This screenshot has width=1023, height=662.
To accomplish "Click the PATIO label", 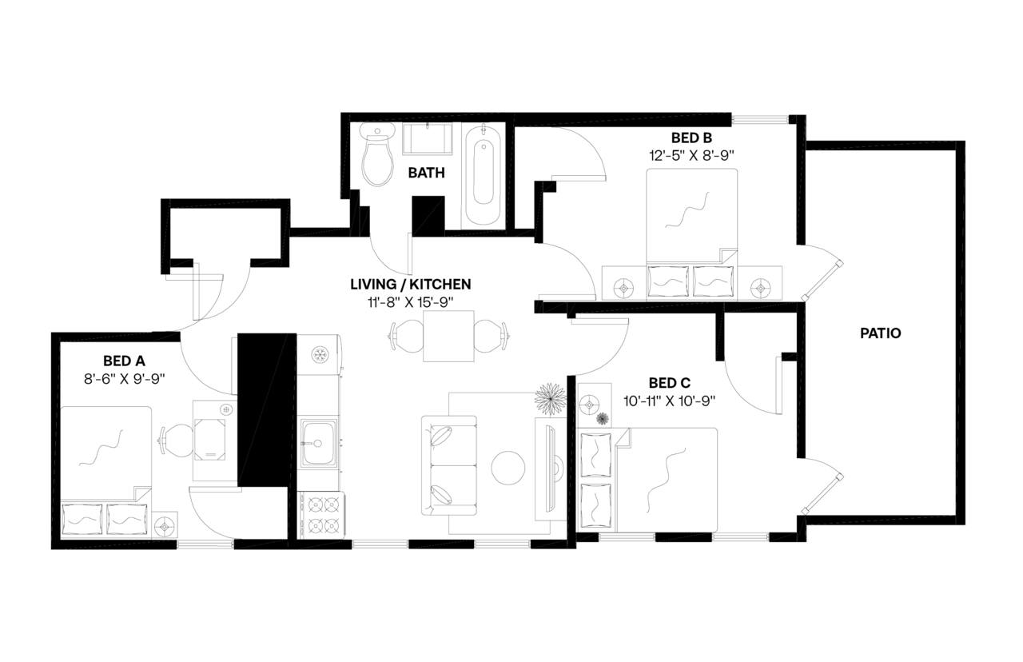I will pyautogui.click(x=880, y=333).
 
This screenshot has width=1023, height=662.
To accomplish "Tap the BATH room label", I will pyautogui.click(x=426, y=172).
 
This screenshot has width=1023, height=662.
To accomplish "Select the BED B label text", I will pyautogui.click(x=691, y=137).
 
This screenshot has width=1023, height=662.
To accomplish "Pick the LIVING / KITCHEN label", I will pyautogui.click(x=410, y=284).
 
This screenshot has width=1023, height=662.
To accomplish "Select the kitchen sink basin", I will pyautogui.click(x=319, y=443).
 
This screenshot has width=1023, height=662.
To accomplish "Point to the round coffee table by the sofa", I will pyautogui.click(x=508, y=468).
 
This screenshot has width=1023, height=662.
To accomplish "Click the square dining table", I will pyautogui.click(x=448, y=336).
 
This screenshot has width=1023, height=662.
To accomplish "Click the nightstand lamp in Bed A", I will pyautogui.click(x=167, y=526).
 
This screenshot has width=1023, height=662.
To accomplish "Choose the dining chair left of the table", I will pyautogui.click(x=406, y=336).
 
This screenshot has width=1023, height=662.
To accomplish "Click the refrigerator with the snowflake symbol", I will pyautogui.click(x=320, y=354).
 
